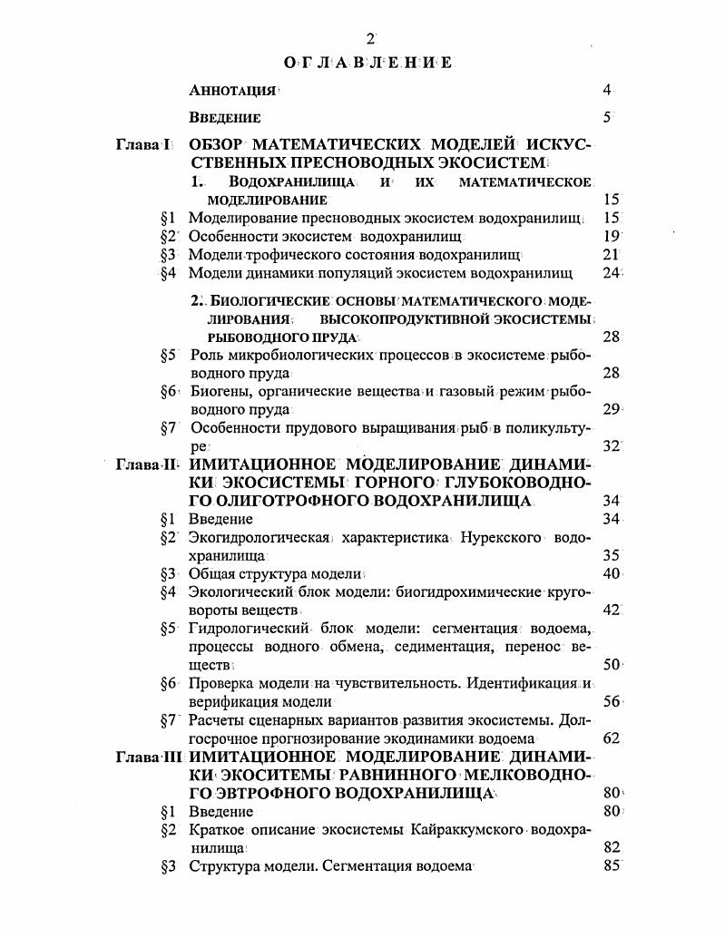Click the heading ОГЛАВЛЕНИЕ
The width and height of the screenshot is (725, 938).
[x=368, y=63]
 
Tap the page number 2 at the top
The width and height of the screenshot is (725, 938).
[x=369, y=38]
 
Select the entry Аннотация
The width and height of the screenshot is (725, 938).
[x=232, y=91]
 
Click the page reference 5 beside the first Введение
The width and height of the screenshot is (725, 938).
[x=608, y=117]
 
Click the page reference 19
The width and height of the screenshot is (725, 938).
[x=611, y=236]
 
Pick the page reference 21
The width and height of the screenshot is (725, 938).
[x=611, y=254]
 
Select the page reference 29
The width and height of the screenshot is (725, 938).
[x=611, y=409]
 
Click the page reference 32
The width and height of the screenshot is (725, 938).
[x=611, y=445]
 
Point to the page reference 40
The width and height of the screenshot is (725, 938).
[x=611, y=573]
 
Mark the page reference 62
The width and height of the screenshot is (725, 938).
[x=611, y=738]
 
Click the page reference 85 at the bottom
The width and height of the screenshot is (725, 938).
[x=611, y=865]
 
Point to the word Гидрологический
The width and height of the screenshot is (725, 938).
[x=245, y=628]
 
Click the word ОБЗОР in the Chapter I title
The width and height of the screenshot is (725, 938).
[x=215, y=145]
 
